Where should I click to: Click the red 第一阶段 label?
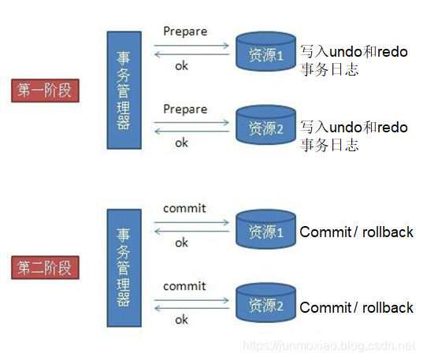pyautogui.click(x=44, y=90)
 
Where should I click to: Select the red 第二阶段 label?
pyautogui.click(x=44, y=267)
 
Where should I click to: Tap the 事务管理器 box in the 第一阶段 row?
pyautogui.click(x=124, y=90)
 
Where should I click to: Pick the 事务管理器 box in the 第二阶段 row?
pyautogui.click(x=124, y=267)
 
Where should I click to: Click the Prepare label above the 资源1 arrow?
pyautogui.click(x=184, y=32)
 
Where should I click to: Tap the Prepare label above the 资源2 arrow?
pyautogui.click(x=184, y=109)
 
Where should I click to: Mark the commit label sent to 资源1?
pyautogui.click(x=184, y=209)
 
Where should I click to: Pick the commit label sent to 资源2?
pyautogui.click(x=184, y=286)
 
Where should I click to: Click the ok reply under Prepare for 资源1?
pyautogui.click(x=181, y=65)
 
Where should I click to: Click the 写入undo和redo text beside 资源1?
pyautogui.click(x=354, y=50)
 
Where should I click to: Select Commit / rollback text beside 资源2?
pyautogui.click(x=356, y=307)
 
